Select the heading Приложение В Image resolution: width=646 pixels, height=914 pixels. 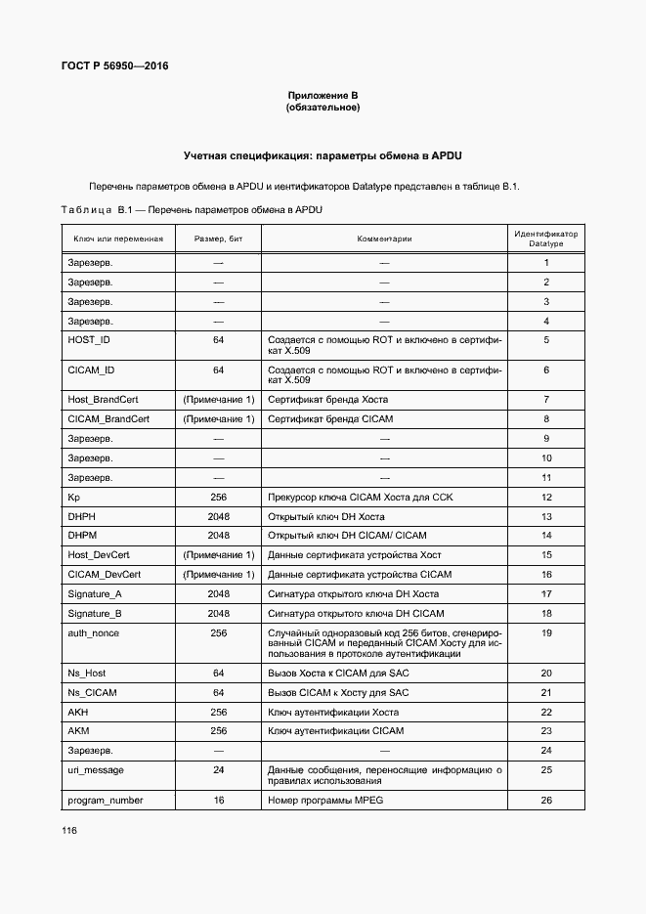tap(323, 95)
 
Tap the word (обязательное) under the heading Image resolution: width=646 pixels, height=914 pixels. tap(323, 107)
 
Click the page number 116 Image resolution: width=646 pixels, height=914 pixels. tap(68, 830)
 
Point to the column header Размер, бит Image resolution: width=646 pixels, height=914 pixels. tap(219, 239)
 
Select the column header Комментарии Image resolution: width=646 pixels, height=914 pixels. tap(384, 239)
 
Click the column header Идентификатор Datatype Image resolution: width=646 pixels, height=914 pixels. tap(546, 239)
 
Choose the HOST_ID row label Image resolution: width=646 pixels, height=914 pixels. tap(89, 340)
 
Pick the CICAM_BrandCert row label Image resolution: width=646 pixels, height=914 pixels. tap(108, 418)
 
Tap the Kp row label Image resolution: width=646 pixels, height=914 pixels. tap(73, 497)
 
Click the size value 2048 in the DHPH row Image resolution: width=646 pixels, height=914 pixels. tap(219, 516)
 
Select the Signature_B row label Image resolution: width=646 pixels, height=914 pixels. tap(95, 613)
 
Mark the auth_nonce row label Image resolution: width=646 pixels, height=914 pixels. tap(93, 633)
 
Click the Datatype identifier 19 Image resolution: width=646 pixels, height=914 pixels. tap(546, 633)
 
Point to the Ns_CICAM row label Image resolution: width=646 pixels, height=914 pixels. tap(91, 692)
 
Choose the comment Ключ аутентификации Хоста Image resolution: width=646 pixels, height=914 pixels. tap(328, 712)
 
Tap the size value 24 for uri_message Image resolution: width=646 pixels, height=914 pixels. tap(219, 770)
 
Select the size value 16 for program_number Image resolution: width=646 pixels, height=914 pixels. tap(219, 800)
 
